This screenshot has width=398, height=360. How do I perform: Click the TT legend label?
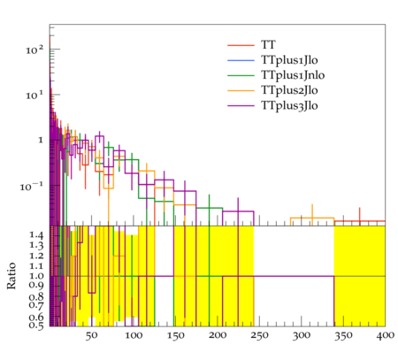(268, 45)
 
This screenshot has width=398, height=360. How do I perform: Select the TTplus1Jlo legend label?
(289, 60)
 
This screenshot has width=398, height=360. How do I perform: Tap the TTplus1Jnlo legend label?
(293, 75)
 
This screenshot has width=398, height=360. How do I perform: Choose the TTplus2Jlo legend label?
(289, 90)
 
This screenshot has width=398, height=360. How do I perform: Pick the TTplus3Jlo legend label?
(289, 105)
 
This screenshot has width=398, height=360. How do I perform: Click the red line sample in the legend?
(241, 45)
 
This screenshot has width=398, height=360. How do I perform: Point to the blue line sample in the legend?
(241, 60)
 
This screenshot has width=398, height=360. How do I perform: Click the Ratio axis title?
(11, 276)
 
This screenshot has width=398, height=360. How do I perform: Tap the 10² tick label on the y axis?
(34, 50)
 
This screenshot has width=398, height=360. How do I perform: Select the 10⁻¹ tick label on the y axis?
(32, 187)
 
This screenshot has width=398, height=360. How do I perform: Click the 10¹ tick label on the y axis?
(34, 96)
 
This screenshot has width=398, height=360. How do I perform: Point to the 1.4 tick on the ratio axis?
(36, 234)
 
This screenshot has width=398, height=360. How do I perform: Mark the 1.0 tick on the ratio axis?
(36, 276)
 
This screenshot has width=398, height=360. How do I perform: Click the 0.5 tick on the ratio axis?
(36, 326)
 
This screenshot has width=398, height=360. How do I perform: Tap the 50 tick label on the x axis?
(91, 335)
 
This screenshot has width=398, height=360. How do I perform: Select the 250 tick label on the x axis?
(259, 335)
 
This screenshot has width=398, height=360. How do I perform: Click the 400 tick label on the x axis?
(386, 335)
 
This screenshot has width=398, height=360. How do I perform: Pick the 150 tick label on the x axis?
(175, 335)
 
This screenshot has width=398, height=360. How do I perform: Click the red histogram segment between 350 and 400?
(360, 221)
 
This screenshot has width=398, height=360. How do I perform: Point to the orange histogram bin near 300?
(312, 218)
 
